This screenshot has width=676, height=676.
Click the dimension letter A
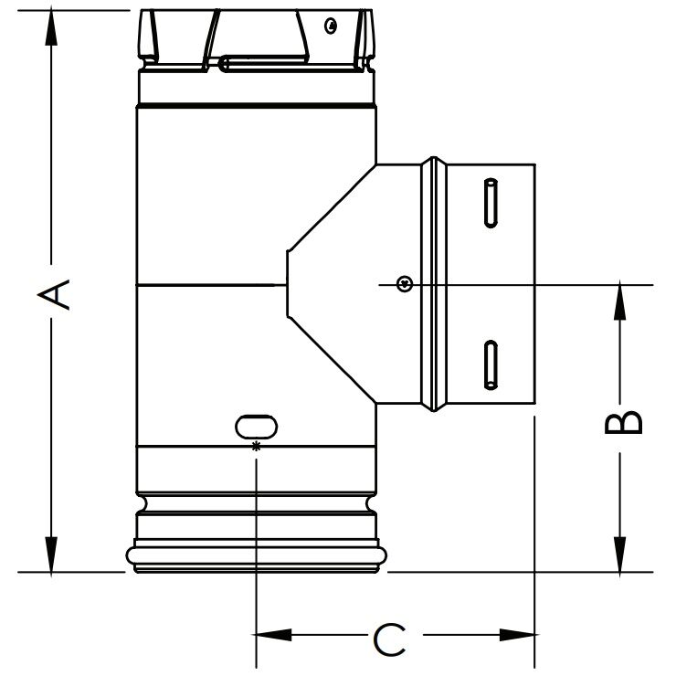click(x=54, y=294)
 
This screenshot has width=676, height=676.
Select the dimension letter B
click(x=624, y=422)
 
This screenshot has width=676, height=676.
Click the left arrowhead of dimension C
click(x=270, y=634)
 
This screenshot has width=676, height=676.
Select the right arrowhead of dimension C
click(x=519, y=634)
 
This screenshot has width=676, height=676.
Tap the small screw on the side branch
click(x=403, y=285)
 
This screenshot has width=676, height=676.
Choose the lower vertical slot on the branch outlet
click(x=491, y=363)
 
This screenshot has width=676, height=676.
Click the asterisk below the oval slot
click(x=256, y=446)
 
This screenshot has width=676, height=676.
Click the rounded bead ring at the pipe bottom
click(x=256, y=554)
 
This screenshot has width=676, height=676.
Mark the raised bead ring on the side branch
click(x=435, y=285)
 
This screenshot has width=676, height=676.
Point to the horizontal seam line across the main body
click(x=206, y=286)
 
